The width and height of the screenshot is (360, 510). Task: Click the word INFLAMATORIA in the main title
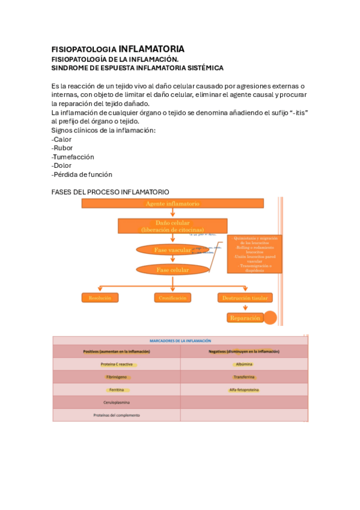151,49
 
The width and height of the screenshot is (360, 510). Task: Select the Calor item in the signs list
63,140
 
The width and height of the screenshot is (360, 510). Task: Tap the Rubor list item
63,148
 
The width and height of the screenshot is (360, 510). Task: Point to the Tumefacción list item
73,157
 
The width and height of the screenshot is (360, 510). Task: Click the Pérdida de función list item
82,174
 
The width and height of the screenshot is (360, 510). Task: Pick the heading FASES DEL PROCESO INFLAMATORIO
111,192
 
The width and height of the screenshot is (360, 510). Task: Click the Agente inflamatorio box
172,204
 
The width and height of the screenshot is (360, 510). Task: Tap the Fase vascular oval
172,250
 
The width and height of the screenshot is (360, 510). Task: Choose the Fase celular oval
172,270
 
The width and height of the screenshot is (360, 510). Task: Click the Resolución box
100,298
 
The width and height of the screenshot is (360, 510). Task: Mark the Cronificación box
172,298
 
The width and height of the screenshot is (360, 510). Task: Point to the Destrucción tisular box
245,298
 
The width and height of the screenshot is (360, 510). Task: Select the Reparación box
245,318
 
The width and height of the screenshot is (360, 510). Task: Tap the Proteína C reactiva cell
117,364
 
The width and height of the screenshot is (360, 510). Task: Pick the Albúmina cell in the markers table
244,364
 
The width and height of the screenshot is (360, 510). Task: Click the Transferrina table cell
244,377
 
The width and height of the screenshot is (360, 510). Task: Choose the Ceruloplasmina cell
117,402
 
